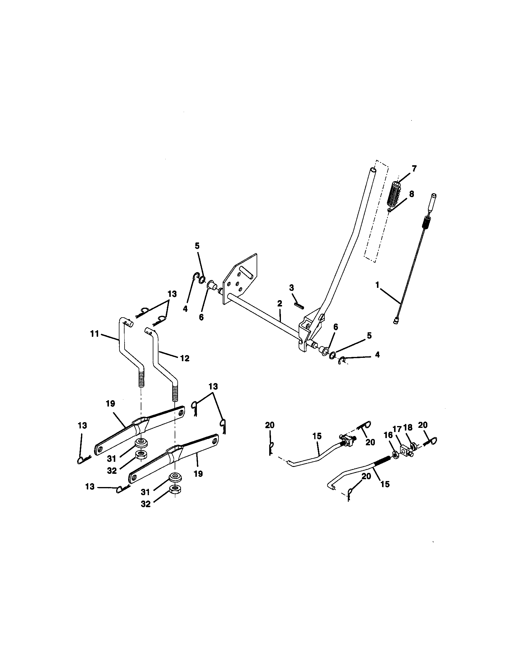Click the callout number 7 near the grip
(x=414, y=169)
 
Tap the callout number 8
(x=411, y=194)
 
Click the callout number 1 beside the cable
(x=377, y=285)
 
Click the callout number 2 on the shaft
(x=279, y=303)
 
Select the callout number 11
(x=95, y=334)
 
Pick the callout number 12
(x=185, y=358)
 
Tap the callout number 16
(x=388, y=435)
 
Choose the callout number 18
(x=408, y=427)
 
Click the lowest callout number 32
(x=146, y=504)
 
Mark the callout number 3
(x=291, y=288)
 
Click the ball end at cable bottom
(x=396, y=323)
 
